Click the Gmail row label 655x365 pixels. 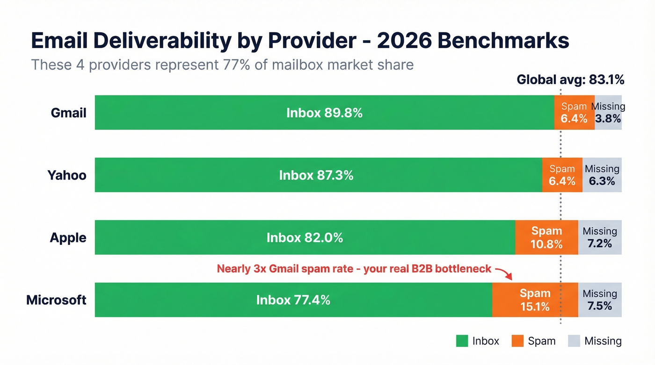68,113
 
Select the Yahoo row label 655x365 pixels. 66,175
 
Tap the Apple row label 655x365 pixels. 68,237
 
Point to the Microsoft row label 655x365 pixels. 56,300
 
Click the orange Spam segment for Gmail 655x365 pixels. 574,113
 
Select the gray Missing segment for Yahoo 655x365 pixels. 602,175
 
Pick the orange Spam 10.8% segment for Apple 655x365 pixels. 546,237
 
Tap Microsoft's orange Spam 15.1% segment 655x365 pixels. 535,300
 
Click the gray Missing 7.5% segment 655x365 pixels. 600,300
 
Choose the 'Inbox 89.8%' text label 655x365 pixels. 324,113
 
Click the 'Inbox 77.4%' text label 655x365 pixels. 293,300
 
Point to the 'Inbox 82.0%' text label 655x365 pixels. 305,237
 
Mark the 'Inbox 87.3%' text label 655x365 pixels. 316,175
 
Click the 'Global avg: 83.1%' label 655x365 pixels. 570,80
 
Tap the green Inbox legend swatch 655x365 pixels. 462,341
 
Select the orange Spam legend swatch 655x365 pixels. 517,341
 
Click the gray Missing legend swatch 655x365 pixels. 574,341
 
